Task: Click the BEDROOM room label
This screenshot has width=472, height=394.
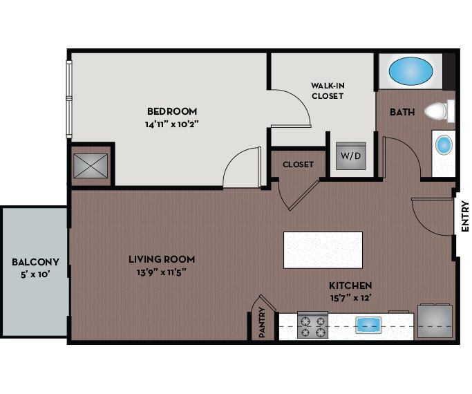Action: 172,111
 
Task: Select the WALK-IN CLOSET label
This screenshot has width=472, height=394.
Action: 327,91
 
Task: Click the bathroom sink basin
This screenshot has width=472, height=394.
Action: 444,145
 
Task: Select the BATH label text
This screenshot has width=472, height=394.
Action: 402,112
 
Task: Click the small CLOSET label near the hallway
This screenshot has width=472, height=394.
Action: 299,165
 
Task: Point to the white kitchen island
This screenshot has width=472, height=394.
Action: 323,250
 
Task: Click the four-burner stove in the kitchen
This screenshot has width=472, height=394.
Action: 312,326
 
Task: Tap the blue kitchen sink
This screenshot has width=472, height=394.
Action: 368,325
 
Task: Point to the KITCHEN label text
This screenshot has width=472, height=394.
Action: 350,285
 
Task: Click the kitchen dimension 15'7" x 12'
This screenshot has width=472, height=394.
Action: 350,298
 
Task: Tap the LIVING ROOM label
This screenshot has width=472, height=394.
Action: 162,259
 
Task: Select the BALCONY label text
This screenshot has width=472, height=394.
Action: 35,262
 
